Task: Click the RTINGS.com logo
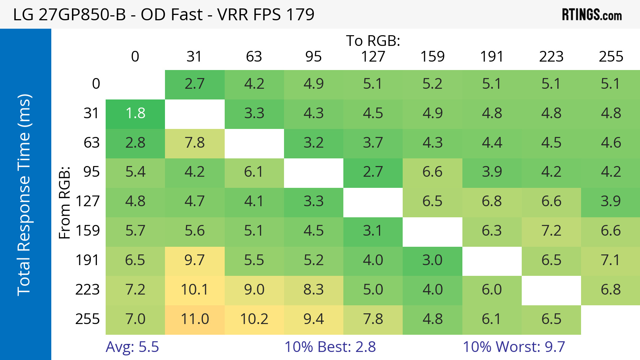[591, 15]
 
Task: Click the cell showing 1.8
[135, 114]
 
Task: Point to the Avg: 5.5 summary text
[132, 347]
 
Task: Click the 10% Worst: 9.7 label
[514, 347]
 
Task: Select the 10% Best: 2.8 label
[330, 347]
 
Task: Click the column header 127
[373, 57]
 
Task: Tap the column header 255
[611, 57]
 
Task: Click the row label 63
[91, 143]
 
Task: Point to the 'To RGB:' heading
[373, 41]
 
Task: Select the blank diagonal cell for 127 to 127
[373, 202]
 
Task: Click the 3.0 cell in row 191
[433, 261]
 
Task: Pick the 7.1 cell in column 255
[611, 261]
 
